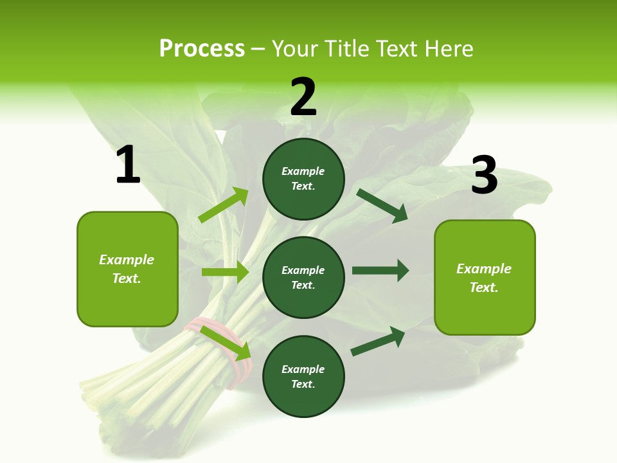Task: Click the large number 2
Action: coord(303,97)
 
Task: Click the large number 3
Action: coord(485,175)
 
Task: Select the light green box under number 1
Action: coord(127,269)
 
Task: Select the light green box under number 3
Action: coord(485,277)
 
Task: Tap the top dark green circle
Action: coord(303,179)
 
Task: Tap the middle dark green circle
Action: coord(303,277)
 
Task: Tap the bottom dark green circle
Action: coord(303,376)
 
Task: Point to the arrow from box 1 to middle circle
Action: coord(225,272)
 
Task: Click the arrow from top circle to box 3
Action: coord(382,205)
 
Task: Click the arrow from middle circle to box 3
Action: coord(380,271)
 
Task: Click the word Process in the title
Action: coord(202,48)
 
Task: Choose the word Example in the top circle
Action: coord(303,171)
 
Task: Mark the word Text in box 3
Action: coord(483,287)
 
